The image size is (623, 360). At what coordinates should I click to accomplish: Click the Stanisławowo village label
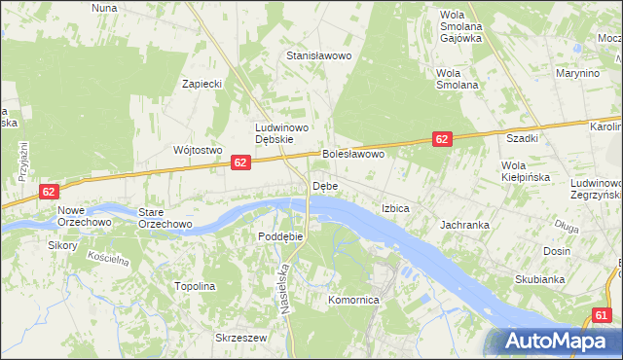(317, 55)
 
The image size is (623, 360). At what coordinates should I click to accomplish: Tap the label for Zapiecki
(202, 84)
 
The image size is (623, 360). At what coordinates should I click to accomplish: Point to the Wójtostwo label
(198, 150)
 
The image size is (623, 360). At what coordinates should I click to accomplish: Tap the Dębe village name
(324, 186)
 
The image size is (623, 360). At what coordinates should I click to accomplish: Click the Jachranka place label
(463, 224)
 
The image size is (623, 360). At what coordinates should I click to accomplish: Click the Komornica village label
(352, 301)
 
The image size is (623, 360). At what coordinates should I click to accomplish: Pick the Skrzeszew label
(240, 338)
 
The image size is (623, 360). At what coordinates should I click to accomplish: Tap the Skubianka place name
(540, 279)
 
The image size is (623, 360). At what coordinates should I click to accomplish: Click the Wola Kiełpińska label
(526, 171)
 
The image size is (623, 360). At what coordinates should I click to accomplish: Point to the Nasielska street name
(286, 285)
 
